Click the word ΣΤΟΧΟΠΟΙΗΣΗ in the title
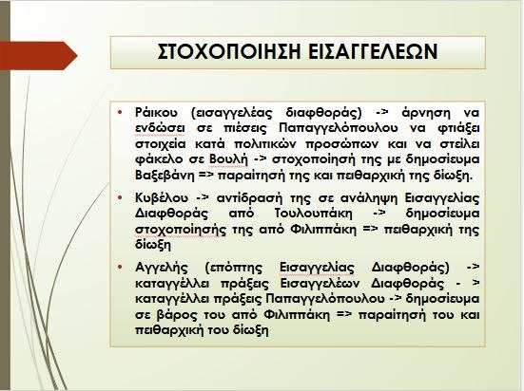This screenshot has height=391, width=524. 229,51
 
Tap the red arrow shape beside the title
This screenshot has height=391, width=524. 39,56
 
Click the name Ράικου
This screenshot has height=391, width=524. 156,113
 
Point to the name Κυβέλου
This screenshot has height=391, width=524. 162,198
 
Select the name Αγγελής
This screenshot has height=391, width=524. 162,268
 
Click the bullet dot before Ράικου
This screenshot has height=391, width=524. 120,112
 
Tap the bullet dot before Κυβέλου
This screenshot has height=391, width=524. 120,197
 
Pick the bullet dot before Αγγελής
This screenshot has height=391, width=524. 120,267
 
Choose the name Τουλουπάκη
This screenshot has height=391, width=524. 314,214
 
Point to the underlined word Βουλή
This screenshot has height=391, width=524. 229,159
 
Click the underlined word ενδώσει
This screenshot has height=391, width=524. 160,129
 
